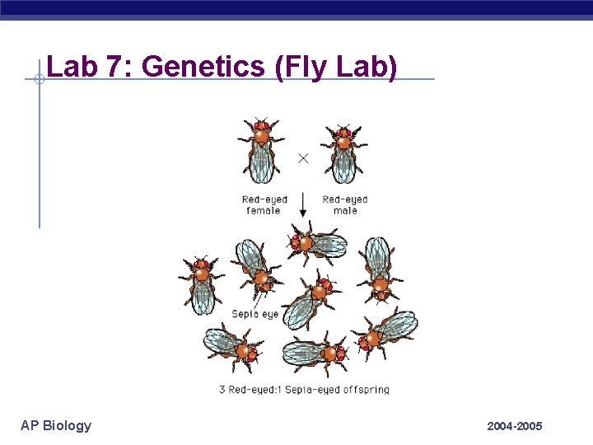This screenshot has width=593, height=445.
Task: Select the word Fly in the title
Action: point(308,67)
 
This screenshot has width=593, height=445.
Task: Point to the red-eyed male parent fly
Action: point(343,152)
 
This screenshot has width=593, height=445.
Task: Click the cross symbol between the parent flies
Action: point(303,157)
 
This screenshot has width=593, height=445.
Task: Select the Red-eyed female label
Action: point(264,204)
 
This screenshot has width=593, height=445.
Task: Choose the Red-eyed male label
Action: point(345,204)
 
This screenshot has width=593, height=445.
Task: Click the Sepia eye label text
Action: point(255,314)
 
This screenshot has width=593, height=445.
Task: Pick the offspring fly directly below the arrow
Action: point(316,244)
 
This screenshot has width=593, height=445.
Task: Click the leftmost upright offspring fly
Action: point(201,283)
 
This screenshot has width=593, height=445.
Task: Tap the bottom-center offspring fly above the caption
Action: point(315,354)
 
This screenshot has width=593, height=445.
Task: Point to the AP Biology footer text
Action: point(56,425)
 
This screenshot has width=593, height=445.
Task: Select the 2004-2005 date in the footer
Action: point(514,426)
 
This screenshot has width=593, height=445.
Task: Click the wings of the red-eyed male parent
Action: point(343,163)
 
